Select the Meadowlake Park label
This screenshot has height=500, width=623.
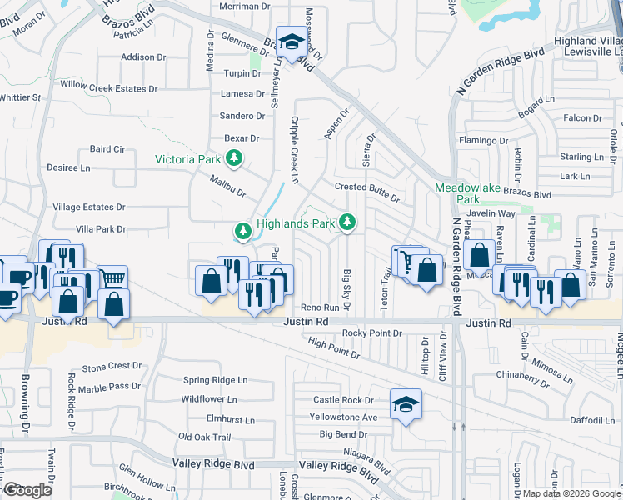(x=468, y=193)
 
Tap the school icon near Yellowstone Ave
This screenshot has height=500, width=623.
(x=406, y=403)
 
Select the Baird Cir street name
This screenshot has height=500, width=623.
(x=107, y=150)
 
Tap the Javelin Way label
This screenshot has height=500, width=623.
(x=498, y=213)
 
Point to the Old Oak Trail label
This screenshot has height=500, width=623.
(x=203, y=437)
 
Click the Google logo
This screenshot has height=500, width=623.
(x=28, y=490)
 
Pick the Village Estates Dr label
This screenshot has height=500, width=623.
(x=88, y=207)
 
